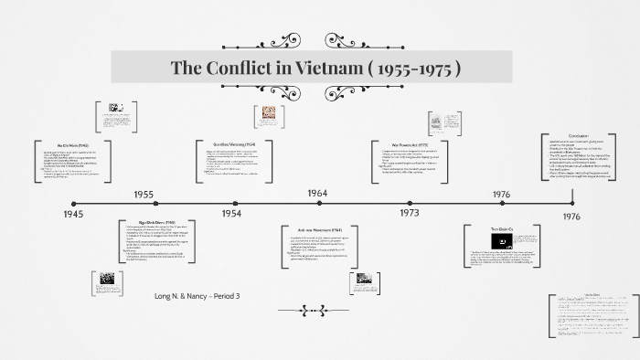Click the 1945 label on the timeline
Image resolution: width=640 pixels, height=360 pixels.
click(x=74, y=214)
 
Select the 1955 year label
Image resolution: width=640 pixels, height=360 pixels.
click(x=144, y=195)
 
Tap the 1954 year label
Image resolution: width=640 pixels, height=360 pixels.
click(x=231, y=213)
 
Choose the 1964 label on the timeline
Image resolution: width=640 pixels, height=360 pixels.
click(x=317, y=194)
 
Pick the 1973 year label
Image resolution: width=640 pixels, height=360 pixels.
click(x=409, y=213)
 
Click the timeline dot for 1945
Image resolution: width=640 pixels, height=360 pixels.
click(x=74, y=203)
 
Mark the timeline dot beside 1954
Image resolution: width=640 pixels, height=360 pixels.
click(x=231, y=203)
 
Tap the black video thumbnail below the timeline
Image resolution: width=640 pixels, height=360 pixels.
click(x=501, y=239)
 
